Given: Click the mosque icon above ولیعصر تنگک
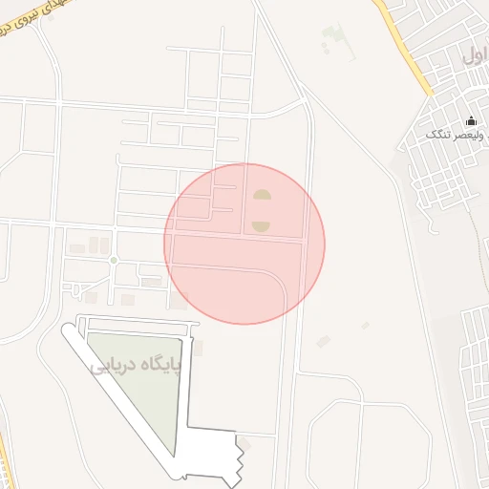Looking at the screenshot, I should pos(471,120).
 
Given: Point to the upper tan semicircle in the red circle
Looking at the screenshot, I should pos(261,196).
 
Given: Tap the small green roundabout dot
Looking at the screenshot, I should pos(113,260).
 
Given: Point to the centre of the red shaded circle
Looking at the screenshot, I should pos(244,244).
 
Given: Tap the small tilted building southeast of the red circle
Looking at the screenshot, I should pos(324,341).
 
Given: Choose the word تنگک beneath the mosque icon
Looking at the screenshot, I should pos(437,135).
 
